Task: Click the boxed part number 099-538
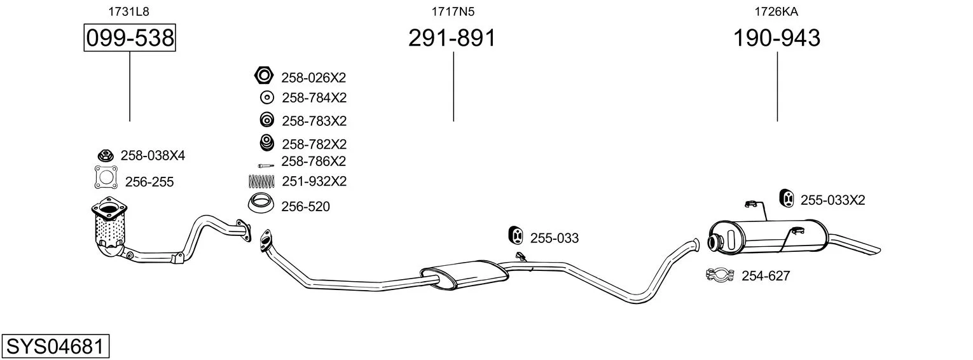pyautogui.click(x=130, y=38)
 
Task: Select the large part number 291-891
pyautogui.click(x=452, y=38)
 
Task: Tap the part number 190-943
pyautogui.click(x=776, y=38)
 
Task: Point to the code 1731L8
pyautogui.click(x=128, y=11)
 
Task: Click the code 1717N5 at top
pyautogui.click(x=453, y=11)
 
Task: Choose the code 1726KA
pyautogui.click(x=776, y=11)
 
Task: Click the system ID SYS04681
pyautogui.click(x=55, y=346)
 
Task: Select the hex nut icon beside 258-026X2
pyautogui.click(x=264, y=76)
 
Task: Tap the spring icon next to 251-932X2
pyautogui.click(x=261, y=181)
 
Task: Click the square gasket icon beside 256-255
pyautogui.click(x=106, y=177)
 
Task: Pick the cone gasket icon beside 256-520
pyautogui.click(x=261, y=203)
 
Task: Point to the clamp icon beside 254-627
pyautogui.click(x=720, y=274)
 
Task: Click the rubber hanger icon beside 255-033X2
pyautogui.click(x=786, y=198)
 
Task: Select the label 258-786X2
pyautogui.click(x=313, y=162)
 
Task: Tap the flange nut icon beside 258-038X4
pyautogui.click(x=105, y=155)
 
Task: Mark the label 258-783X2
pyautogui.click(x=314, y=121)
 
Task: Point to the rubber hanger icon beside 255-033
pyautogui.click(x=516, y=235)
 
